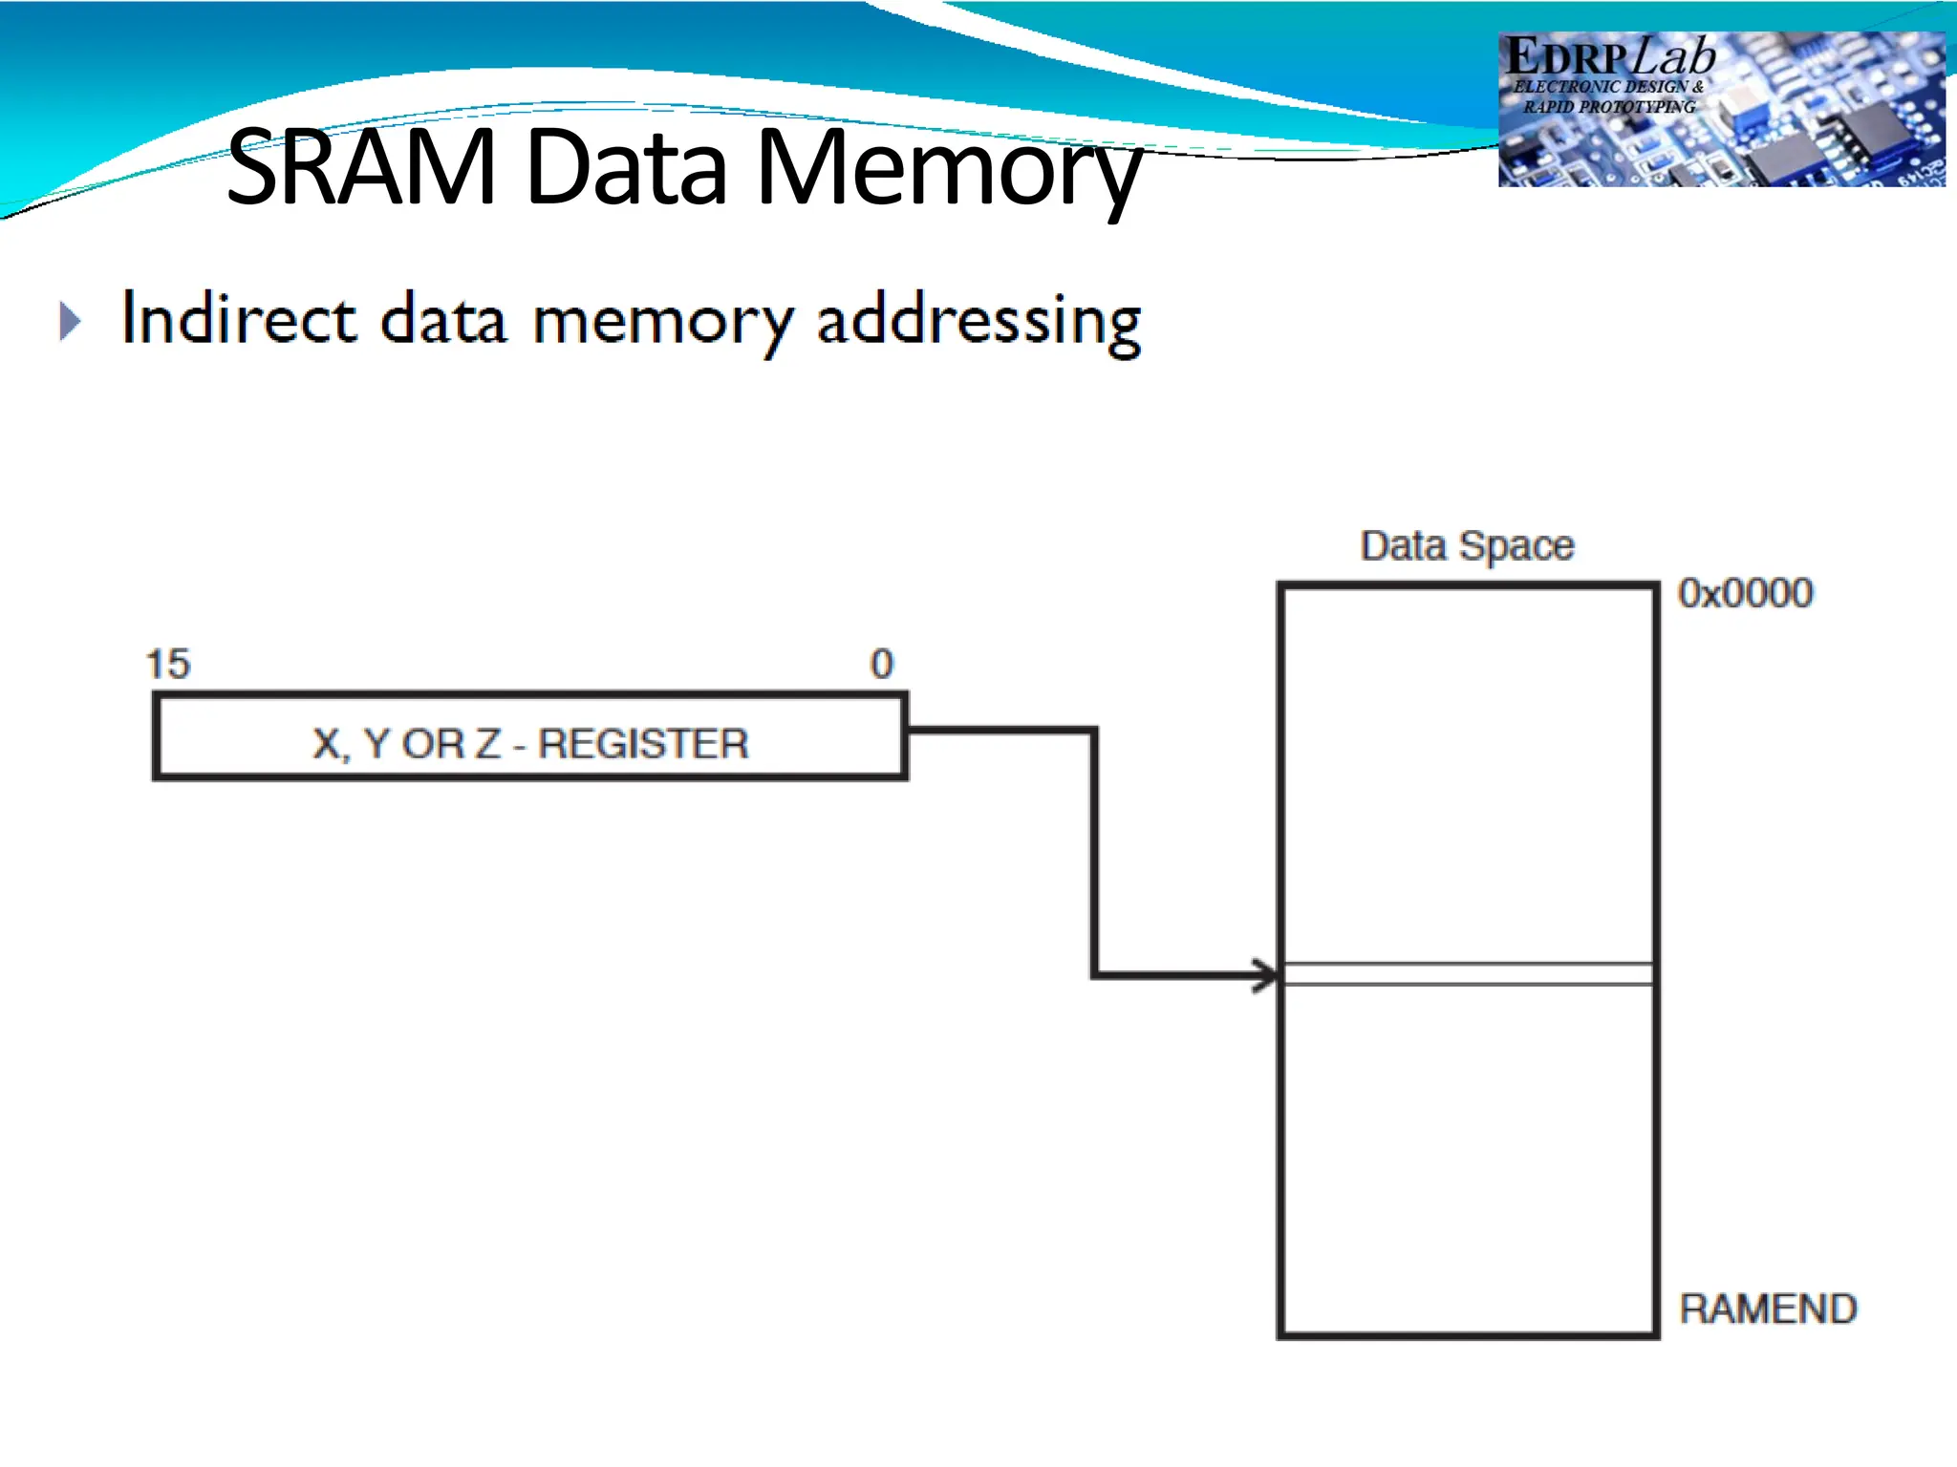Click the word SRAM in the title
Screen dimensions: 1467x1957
pyautogui.click(x=361, y=168)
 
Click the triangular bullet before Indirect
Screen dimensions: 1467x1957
pyautogui.click(x=69, y=321)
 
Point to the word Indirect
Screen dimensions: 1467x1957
pyautogui.click(x=239, y=318)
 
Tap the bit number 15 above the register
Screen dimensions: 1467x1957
pyautogui.click(x=168, y=664)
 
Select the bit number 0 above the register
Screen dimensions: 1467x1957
pyautogui.click(x=881, y=664)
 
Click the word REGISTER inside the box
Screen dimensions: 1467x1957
pyautogui.click(x=643, y=744)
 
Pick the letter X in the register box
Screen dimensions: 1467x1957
pyautogui.click(x=326, y=744)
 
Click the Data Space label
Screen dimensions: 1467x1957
pyautogui.click(x=1467, y=546)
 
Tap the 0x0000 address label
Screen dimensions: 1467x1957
pyautogui.click(x=1745, y=593)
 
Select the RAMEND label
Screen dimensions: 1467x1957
pyautogui.click(x=1768, y=1308)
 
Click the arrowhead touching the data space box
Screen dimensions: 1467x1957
pyautogui.click(x=1266, y=976)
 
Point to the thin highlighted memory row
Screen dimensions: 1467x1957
pyautogui.click(x=1467, y=974)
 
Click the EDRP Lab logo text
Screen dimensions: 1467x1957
pyautogui.click(x=1610, y=57)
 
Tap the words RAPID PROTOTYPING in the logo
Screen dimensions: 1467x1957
pyautogui.click(x=1609, y=107)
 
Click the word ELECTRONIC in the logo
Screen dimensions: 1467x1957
pyautogui.click(x=1567, y=87)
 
